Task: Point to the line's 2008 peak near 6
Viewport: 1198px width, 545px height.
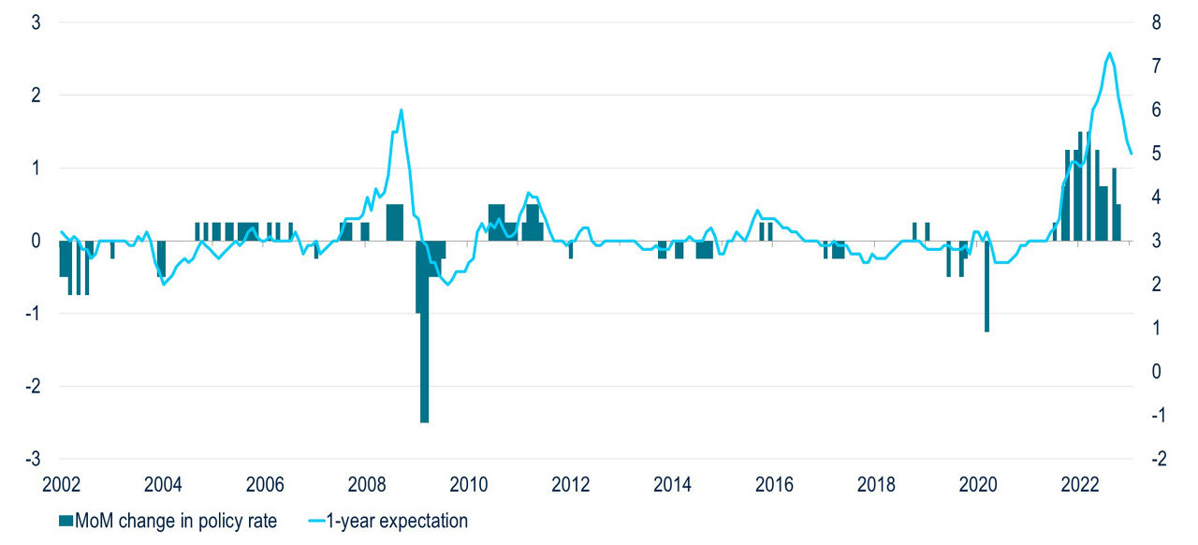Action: [401, 110]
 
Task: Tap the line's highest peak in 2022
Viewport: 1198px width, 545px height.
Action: [1109, 53]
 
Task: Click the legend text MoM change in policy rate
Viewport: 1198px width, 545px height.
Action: [176, 521]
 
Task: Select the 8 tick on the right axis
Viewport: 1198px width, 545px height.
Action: [1157, 22]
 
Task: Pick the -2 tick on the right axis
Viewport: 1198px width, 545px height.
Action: [1155, 459]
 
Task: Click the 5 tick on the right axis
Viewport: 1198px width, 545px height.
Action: [1157, 154]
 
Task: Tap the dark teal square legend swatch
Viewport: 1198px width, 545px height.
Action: [66, 521]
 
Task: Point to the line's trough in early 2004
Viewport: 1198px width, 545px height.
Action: [164, 284]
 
